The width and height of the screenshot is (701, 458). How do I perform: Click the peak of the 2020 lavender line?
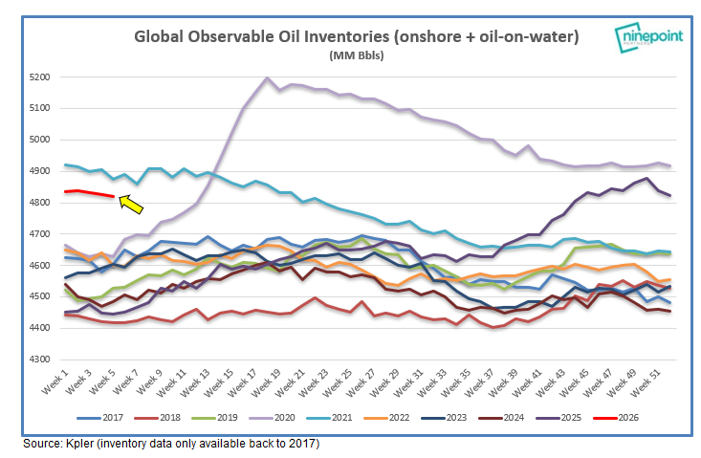coord(266,78)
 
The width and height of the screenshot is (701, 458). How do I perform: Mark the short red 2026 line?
coord(91,194)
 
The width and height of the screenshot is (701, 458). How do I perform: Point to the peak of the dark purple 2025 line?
coord(647,179)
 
